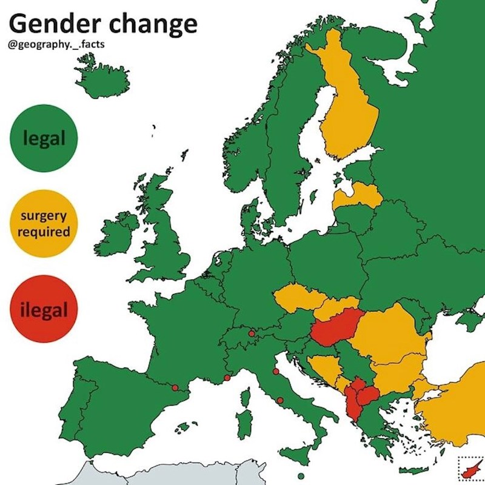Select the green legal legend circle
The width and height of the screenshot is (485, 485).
coord(44,138)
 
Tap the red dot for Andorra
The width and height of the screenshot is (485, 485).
coord(175,387)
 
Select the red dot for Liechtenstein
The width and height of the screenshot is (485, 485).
coord(251,333)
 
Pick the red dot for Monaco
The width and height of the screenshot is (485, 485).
coord(227,378)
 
